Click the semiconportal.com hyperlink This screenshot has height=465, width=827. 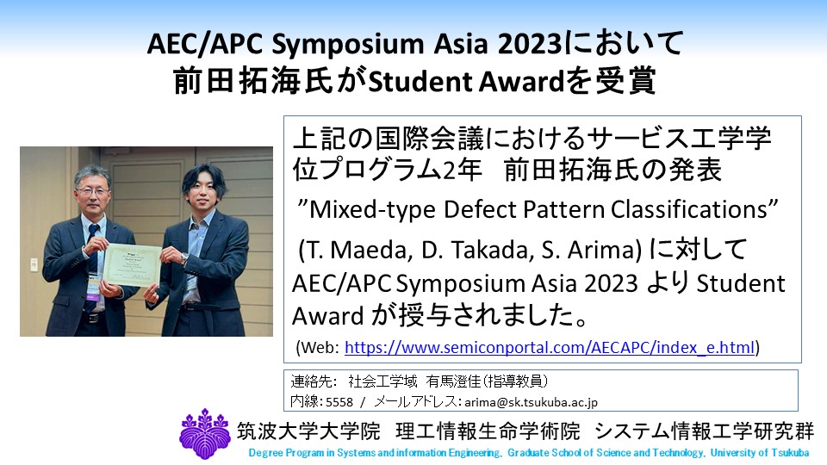point(549,347)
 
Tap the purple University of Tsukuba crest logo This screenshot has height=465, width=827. point(205,433)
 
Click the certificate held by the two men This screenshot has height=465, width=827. point(131,264)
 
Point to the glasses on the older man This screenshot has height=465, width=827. point(92,191)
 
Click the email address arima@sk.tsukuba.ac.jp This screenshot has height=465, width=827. point(531,402)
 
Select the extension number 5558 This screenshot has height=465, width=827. point(339,402)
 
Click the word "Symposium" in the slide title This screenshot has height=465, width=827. point(347,45)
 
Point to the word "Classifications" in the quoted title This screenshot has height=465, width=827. point(689,210)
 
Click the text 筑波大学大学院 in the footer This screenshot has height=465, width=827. point(308,431)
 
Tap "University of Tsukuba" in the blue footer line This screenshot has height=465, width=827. point(760,453)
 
